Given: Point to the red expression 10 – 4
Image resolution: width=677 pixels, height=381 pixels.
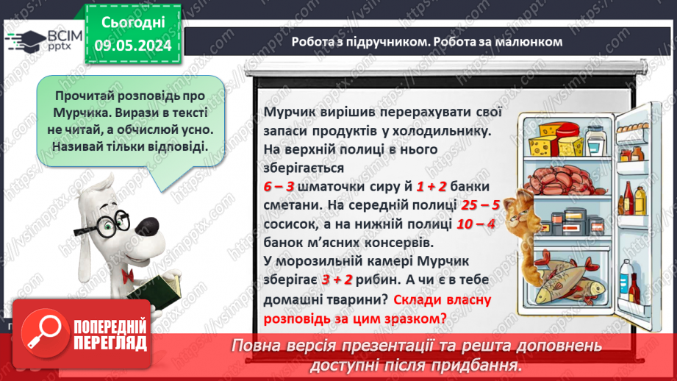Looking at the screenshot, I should (x=474, y=222).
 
